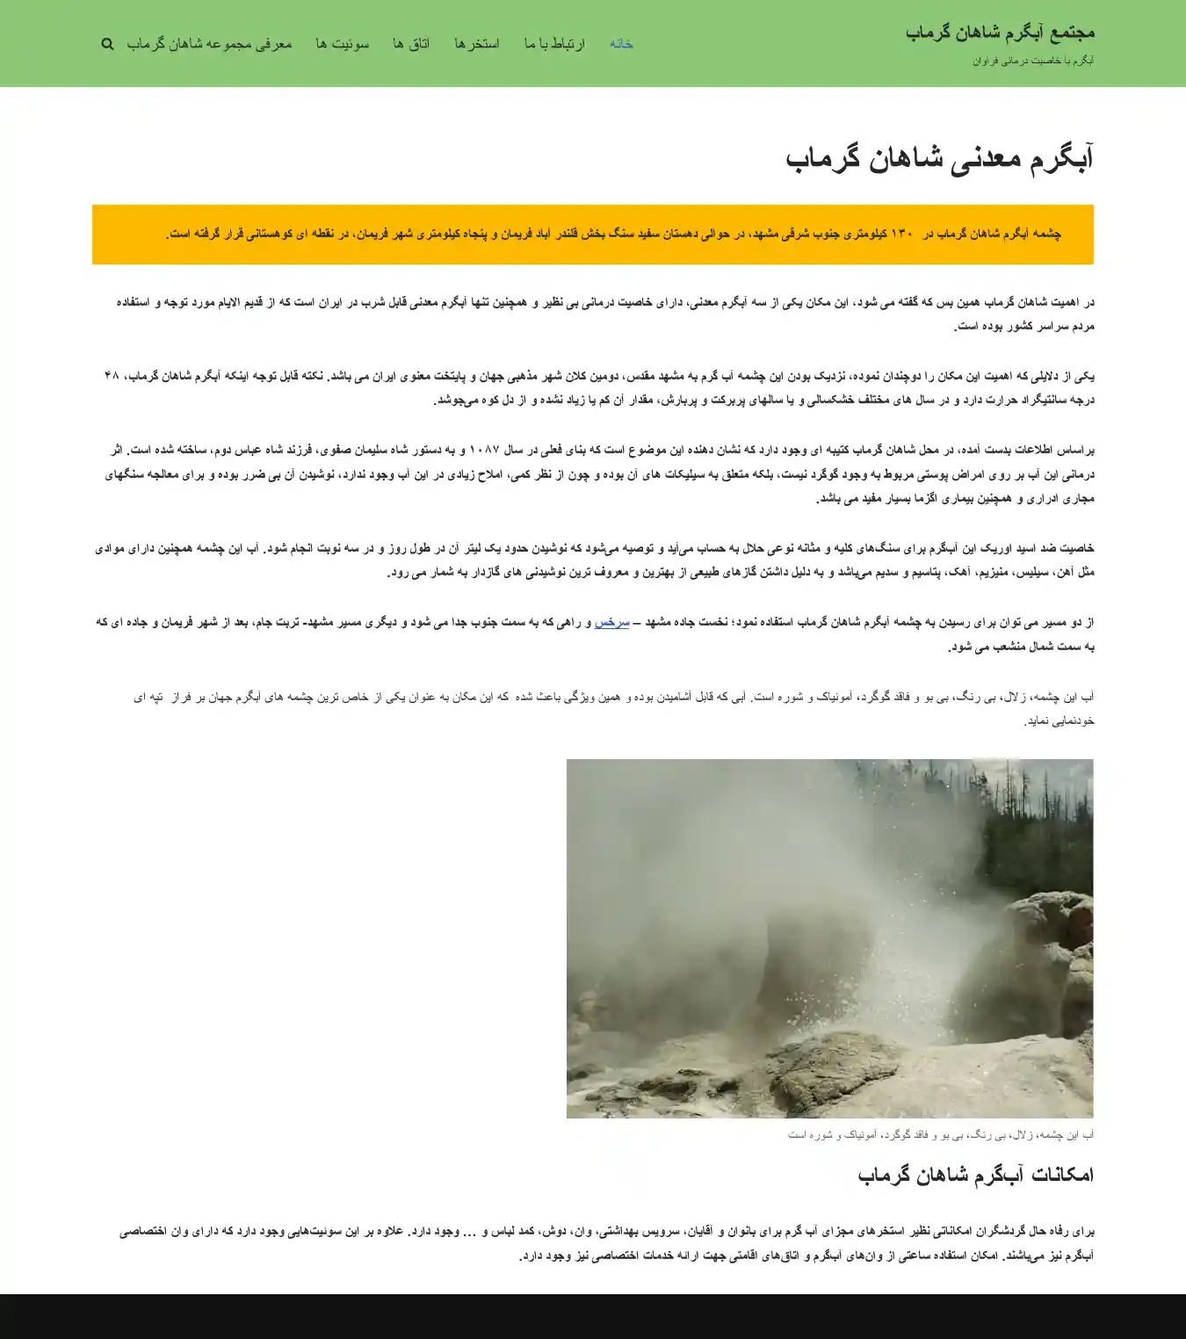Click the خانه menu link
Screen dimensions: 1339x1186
coord(621,44)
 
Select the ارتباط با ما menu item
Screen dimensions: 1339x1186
coord(554,44)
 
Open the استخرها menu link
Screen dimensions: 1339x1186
coord(477,44)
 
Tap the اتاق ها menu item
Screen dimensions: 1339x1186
coord(411,44)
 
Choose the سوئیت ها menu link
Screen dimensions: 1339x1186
coord(343,44)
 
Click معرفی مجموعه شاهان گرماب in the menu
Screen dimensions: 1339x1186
coord(209,44)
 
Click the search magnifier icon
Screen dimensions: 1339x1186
coord(107,44)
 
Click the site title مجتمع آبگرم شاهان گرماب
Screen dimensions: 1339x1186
coord(1000,33)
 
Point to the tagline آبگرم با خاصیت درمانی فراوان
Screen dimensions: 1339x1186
coord(1033,61)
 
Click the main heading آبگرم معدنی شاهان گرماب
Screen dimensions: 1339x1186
coord(939,159)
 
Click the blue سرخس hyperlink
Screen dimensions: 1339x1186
coord(611,622)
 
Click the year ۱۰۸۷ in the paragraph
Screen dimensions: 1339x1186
coord(484,450)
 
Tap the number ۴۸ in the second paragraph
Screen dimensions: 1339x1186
coord(111,376)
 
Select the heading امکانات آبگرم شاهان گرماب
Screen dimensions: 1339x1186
coord(975,1175)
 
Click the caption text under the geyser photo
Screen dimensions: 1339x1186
coord(940,1135)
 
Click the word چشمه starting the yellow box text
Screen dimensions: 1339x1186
coord(1046,235)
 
